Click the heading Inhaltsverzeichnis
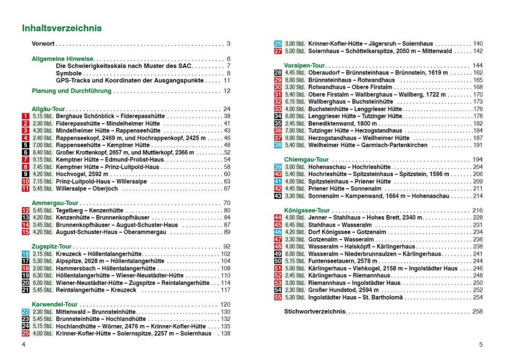point(61,28)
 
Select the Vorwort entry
point(43,43)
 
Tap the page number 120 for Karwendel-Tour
point(225,304)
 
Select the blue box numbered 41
point(278,181)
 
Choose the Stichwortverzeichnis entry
point(315,311)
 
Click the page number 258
point(477,311)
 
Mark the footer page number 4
point(23,344)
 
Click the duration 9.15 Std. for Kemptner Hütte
point(41,159)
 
